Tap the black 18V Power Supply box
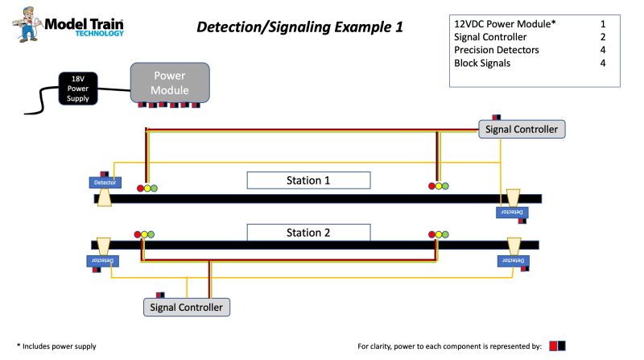click(x=78, y=88)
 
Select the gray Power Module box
click(x=170, y=82)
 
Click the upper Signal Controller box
click(x=522, y=129)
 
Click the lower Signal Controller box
click(x=187, y=307)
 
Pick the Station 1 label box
click(x=308, y=180)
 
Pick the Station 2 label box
click(x=308, y=234)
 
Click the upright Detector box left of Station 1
click(x=105, y=183)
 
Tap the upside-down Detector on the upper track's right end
click(x=514, y=212)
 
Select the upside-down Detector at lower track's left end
click(x=103, y=261)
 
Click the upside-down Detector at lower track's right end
click(x=513, y=261)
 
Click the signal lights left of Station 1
click(x=147, y=188)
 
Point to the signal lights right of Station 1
click(x=439, y=187)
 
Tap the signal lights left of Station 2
click(x=144, y=235)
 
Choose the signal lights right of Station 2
click(x=439, y=235)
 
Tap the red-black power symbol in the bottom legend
click(x=557, y=346)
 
